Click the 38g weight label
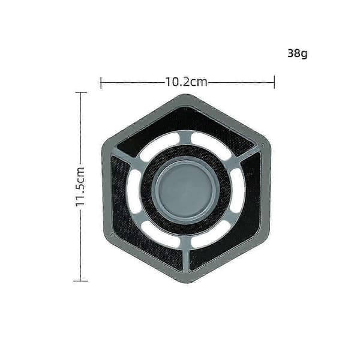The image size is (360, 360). click(298, 53)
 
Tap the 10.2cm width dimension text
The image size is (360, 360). click(186, 82)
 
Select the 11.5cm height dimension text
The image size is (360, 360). click(80, 187)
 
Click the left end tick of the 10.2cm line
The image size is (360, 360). click(101, 83)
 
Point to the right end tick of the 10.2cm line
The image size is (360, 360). click(274, 82)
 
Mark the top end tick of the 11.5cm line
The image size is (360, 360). click(80, 92)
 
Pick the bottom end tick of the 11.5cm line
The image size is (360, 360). click(80, 281)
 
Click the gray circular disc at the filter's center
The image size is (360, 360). click(186, 190)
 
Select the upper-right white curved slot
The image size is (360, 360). click(211, 145)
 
